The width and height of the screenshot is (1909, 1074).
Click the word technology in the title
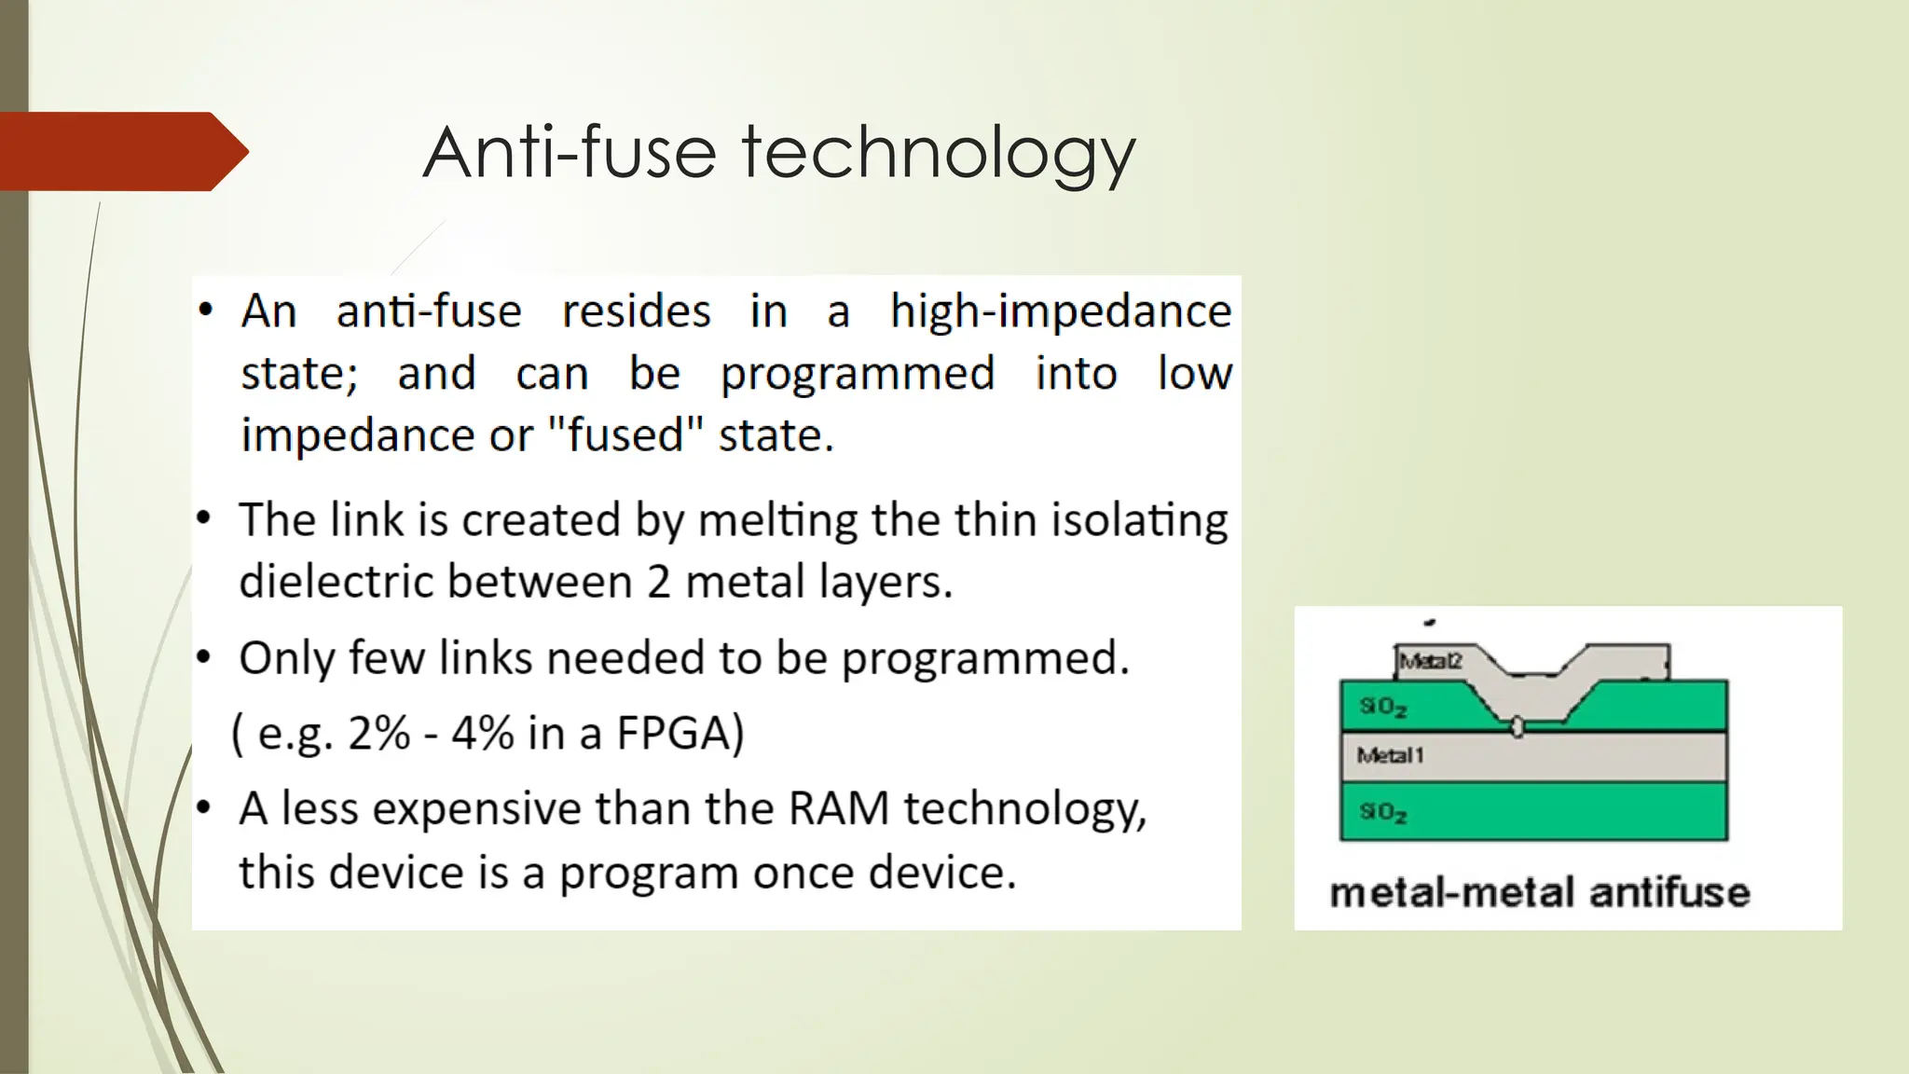[938, 154]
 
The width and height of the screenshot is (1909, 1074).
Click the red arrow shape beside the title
[121, 151]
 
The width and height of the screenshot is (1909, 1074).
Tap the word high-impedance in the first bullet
[1060, 311]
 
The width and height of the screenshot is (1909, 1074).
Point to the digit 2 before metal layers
[658, 583]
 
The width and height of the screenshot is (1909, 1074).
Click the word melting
[777, 521]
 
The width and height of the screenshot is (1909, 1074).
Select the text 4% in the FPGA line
[482, 734]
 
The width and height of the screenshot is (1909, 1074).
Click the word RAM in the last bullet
[838, 808]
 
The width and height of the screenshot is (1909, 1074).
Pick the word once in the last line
[804, 874]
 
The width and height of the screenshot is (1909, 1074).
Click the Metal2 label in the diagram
[1430, 661]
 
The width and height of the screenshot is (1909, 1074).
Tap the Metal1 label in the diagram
[1389, 755]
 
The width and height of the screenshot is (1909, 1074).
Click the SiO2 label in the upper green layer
[1382, 707]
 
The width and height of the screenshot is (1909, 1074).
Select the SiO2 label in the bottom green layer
[1382, 812]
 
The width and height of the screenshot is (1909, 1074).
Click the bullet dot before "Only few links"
[204, 658]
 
